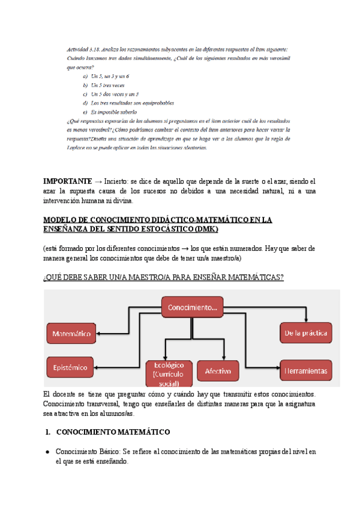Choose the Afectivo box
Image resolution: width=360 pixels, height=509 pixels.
[218, 371]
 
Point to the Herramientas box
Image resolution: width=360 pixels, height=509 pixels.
[306, 371]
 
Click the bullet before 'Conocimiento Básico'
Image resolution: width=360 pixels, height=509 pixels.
[48, 451]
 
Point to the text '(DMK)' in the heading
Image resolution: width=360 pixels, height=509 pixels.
[207, 229]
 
